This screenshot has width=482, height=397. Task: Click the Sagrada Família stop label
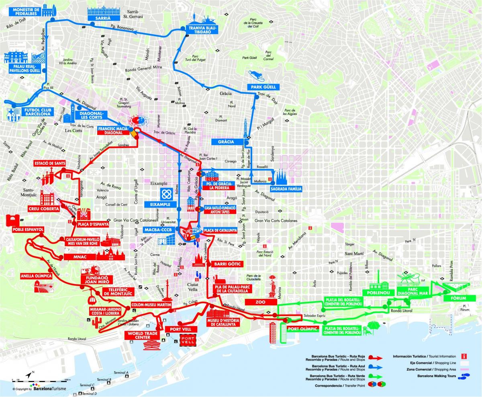coord(286,188)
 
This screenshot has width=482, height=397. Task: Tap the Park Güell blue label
coord(263,87)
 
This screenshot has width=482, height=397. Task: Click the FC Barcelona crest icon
coord(13,115)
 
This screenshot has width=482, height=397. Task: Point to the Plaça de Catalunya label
coord(219,230)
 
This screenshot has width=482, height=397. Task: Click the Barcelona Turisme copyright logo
coord(40,389)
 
